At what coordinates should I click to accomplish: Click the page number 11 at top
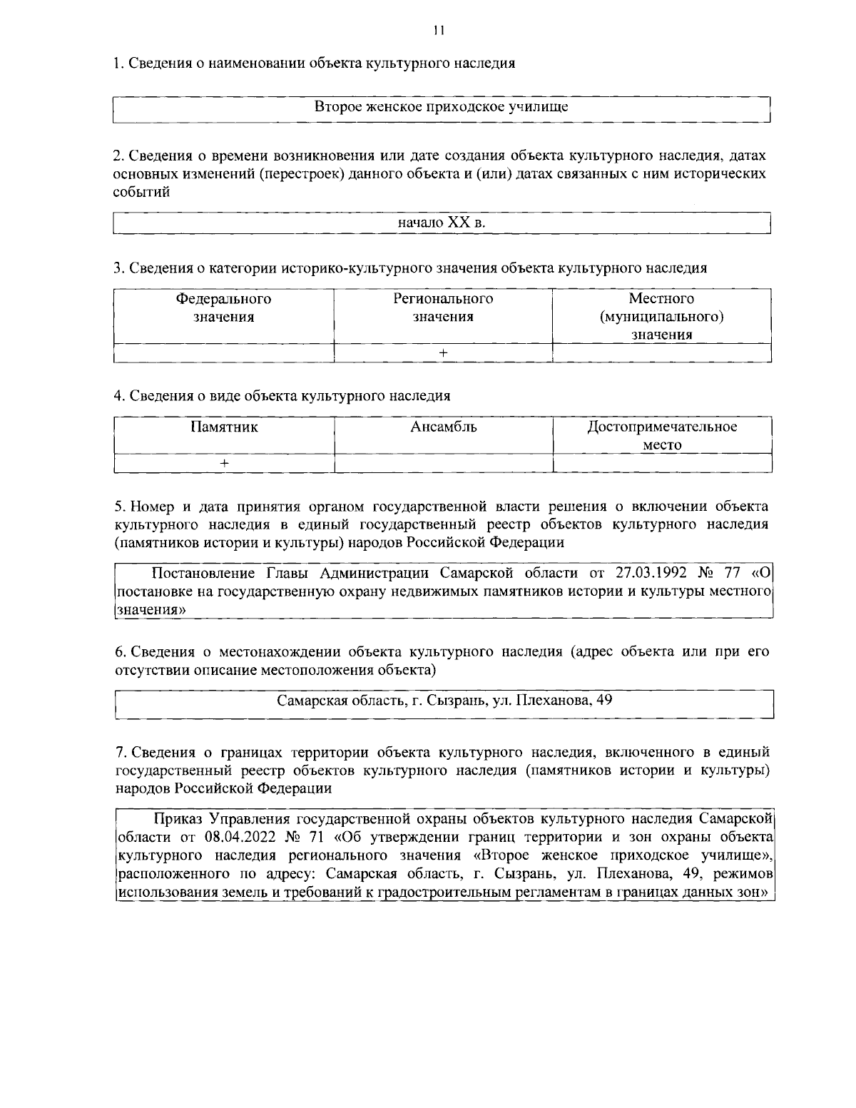(438, 30)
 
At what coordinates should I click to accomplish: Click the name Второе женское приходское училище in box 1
(442, 108)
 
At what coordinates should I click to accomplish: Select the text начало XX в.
(442, 223)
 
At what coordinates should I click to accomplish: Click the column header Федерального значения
(223, 308)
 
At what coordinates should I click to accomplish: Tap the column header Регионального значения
(443, 308)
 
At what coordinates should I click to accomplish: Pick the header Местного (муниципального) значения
(661, 316)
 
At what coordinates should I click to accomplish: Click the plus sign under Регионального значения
(443, 353)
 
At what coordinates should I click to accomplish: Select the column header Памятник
(224, 427)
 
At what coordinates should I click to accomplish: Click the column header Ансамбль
(443, 427)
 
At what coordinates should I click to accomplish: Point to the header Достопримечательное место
(662, 436)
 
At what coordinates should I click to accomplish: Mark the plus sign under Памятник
(224, 464)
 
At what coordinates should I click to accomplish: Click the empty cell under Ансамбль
(443, 464)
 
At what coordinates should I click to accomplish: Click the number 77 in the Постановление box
(728, 573)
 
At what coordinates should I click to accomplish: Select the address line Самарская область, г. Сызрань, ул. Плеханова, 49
(444, 700)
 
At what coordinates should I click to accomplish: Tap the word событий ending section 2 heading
(142, 193)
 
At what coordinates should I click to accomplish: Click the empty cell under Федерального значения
(223, 353)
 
